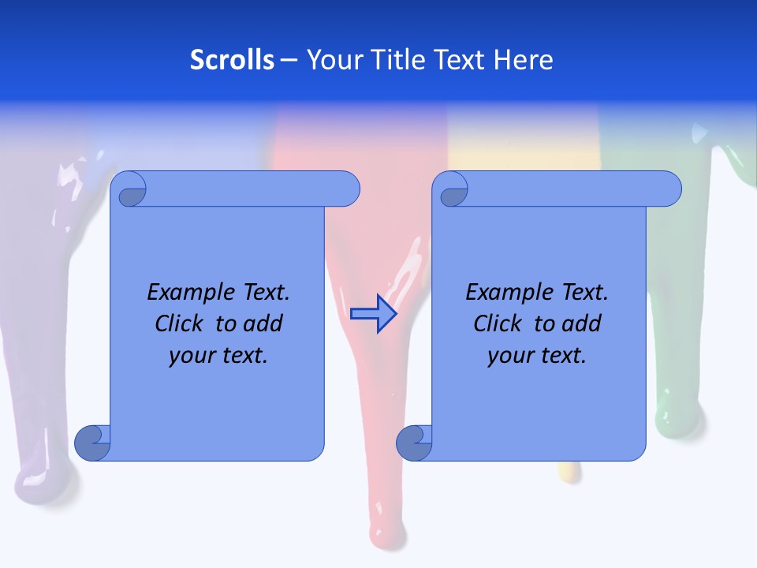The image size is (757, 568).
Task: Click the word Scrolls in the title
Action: pyautogui.click(x=232, y=60)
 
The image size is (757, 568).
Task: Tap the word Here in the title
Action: pyautogui.click(x=524, y=60)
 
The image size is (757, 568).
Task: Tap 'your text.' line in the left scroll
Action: pyautogui.click(x=218, y=356)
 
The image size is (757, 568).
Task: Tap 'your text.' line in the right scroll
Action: pyautogui.click(x=537, y=356)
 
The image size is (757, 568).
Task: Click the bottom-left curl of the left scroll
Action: pyautogui.click(x=93, y=443)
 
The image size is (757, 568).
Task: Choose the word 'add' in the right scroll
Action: pyautogui.click(x=583, y=323)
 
